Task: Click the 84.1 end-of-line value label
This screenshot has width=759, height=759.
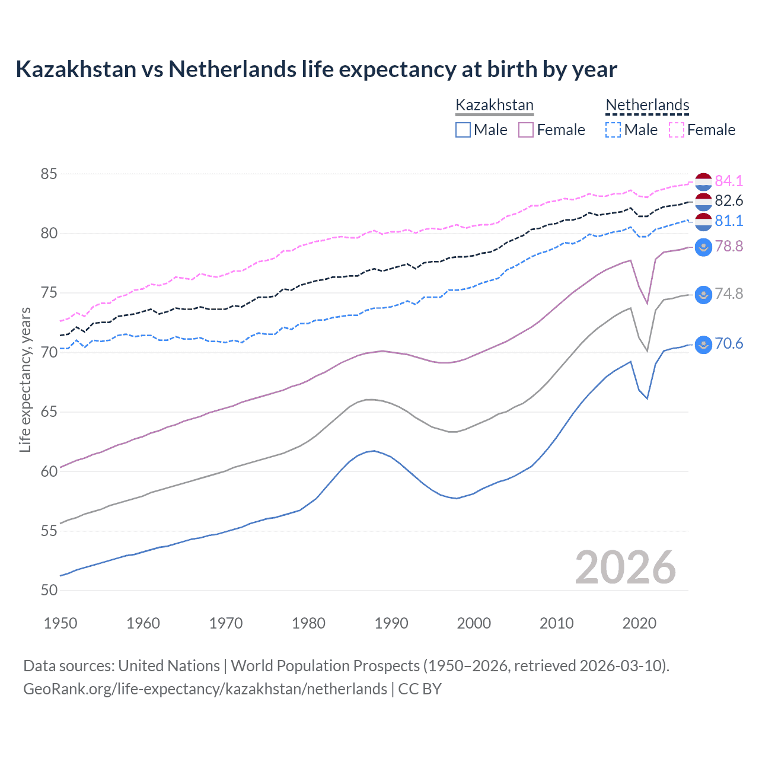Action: tap(729, 181)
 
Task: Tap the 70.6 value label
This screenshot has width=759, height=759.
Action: tap(729, 344)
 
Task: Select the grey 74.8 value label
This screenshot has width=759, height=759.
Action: tap(729, 294)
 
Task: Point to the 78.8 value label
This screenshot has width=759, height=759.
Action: tap(729, 246)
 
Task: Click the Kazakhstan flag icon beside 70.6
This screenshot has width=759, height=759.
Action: tap(703, 345)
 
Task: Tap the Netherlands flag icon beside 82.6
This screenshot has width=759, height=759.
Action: tap(703, 202)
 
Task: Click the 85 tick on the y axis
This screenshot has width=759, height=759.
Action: tap(49, 174)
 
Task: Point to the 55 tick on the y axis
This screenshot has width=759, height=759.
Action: tap(49, 531)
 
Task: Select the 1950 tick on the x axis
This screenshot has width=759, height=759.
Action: tap(60, 623)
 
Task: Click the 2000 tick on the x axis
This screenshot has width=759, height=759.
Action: tap(474, 623)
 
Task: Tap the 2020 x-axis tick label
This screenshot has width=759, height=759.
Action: tap(639, 623)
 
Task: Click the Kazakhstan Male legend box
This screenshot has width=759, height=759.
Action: tap(463, 130)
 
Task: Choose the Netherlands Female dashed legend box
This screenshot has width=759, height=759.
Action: tap(677, 130)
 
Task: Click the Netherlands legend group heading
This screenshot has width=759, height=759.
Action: tap(647, 106)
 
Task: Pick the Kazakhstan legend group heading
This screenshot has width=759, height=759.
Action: tap(495, 106)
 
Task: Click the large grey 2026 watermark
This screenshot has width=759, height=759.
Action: tap(626, 568)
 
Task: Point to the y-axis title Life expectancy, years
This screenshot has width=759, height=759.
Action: tap(25, 379)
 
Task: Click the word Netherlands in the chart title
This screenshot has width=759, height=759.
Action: tap(232, 69)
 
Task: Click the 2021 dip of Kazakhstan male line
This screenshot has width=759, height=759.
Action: tap(647, 398)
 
